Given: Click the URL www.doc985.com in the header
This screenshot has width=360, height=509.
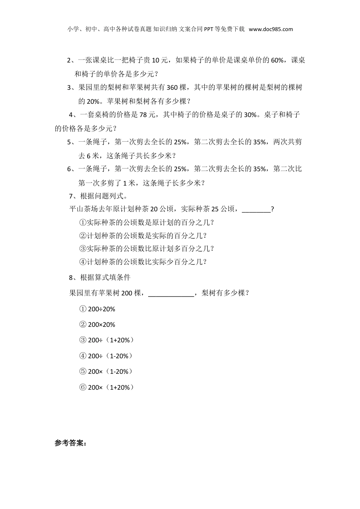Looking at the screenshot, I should coord(271,29).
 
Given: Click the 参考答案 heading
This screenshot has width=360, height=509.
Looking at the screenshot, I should coord(70,443).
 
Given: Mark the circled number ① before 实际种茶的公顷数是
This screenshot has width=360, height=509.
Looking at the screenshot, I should coord(83,222).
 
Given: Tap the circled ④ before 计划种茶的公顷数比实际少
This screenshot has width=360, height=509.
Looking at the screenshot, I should coord(83,262).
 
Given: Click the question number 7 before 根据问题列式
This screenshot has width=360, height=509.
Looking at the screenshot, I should coord(71,196).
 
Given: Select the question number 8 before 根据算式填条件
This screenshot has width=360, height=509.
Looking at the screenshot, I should coord(71,278).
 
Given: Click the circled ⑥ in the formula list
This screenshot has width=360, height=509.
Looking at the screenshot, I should coord(83,387).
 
